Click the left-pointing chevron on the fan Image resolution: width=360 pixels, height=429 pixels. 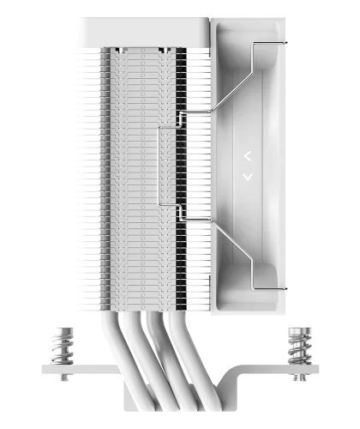pyautogui.click(x=248, y=156)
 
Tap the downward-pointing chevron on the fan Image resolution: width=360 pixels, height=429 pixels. pyautogui.click(x=248, y=177)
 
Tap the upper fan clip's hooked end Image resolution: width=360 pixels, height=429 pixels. pyautogui.click(x=287, y=44)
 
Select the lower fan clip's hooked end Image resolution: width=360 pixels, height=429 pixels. pyautogui.click(x=287, y=291)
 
